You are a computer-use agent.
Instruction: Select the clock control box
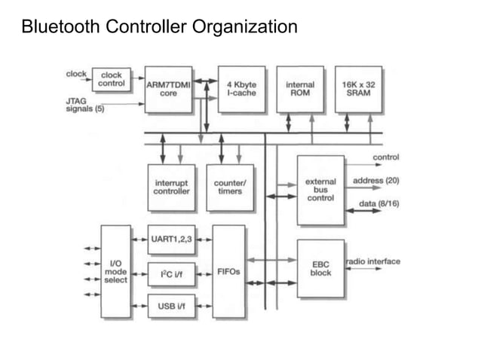[111, 79]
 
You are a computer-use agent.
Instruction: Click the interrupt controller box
[171, 187]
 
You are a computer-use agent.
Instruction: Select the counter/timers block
[230, 187]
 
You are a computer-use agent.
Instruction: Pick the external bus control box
[320, 190]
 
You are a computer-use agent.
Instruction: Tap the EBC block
[320, 268]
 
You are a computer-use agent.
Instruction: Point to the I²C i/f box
[171, 274]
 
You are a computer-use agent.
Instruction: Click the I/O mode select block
[115, 271]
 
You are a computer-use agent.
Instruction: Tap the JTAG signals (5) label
[85, 104]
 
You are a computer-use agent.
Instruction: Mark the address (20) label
[376, 181]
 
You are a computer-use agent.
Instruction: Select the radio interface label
[373, 261]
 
